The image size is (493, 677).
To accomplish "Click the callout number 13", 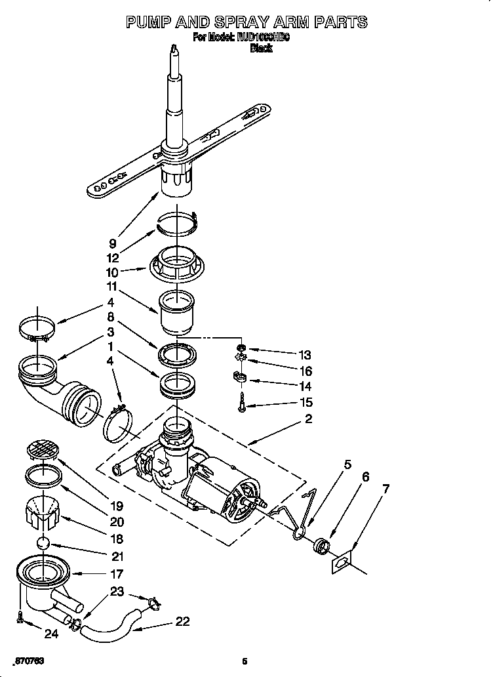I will click(304, 356).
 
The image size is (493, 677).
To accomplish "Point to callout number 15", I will click(304, 402).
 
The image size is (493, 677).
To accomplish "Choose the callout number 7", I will click(386, 489).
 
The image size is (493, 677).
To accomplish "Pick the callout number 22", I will click(182, 621).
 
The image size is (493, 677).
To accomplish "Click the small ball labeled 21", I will click(43, 544).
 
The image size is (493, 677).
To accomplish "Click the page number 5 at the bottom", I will click(245, 661).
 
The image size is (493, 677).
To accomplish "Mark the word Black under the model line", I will click(261, 49).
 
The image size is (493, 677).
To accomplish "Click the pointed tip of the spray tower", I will click(174, 47).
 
